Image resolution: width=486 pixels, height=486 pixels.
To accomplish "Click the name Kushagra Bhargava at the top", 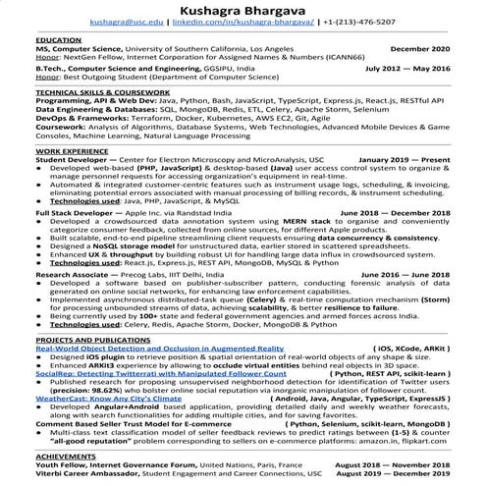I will click(x=243, y=8).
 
